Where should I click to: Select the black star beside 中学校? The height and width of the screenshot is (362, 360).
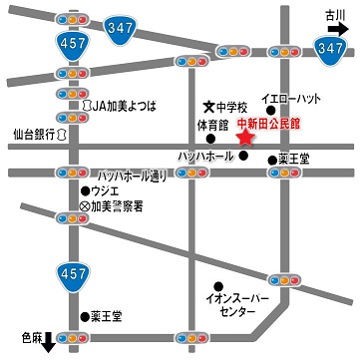207,106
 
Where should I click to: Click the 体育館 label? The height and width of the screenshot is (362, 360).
213,124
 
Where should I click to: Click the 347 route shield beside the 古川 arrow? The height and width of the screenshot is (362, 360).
331,47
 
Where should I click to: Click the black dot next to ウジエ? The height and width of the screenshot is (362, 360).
85,190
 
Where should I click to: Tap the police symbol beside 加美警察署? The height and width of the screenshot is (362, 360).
85,206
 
